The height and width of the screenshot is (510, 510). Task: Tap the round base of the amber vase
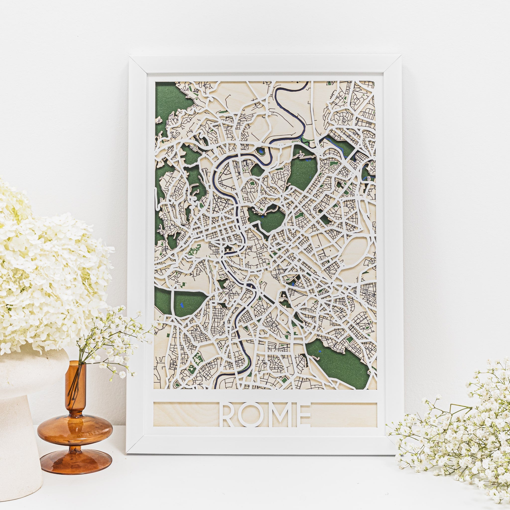click(x=75, y=454)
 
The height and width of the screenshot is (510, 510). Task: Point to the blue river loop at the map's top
click(x=290, y=106)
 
